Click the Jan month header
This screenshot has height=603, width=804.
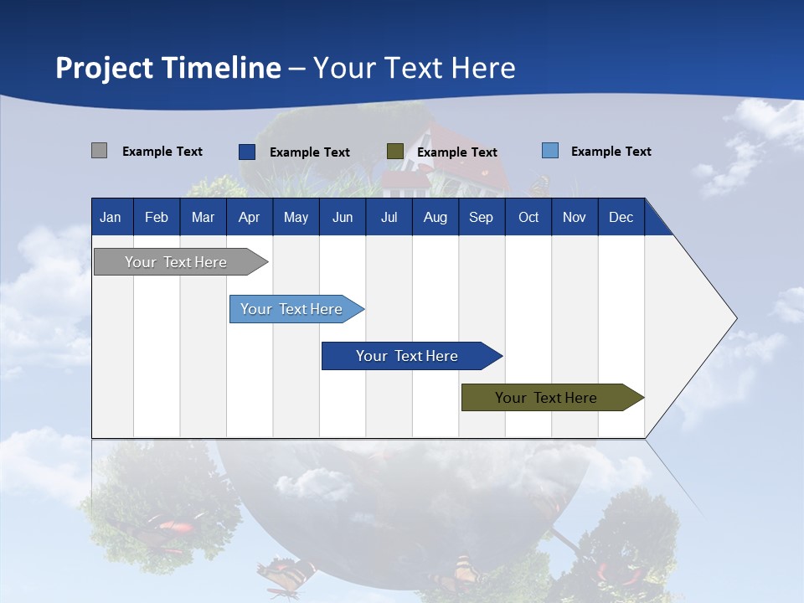point(111,217)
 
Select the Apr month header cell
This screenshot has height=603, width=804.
point(249,217)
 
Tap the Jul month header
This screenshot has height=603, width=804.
point(389,217)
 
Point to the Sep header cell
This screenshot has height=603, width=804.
point(481,217)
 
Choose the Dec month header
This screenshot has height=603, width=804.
point(621,217)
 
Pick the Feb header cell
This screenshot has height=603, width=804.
point(157,217)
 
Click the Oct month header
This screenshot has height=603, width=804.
point(528,217)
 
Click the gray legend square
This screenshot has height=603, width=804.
point(99,151)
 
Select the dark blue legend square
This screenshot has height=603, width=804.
point(246,152)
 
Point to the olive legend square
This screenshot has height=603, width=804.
point(395,152)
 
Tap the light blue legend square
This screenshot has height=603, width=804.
point(549,151)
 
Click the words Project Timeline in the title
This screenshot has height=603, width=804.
point(167,68)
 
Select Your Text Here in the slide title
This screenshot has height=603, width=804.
point(414,68)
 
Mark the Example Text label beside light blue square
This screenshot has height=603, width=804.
point(611,152)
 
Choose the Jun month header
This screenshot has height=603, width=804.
point(343,217)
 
